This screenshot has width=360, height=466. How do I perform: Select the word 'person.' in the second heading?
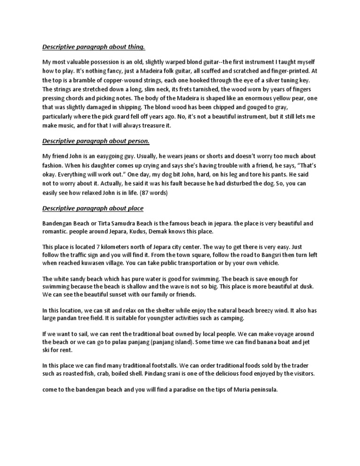141,141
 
